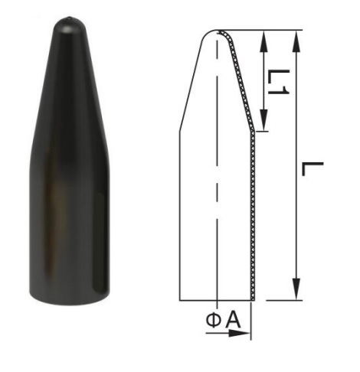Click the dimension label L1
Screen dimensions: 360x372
278,82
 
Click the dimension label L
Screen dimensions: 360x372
313,169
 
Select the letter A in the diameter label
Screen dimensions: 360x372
234,321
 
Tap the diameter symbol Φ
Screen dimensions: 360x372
214,321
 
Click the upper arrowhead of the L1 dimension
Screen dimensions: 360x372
263,41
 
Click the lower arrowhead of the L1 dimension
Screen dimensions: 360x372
263,120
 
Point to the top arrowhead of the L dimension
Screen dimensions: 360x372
296,41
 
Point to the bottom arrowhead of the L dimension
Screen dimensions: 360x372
296,289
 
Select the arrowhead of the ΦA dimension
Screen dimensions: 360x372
239,333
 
